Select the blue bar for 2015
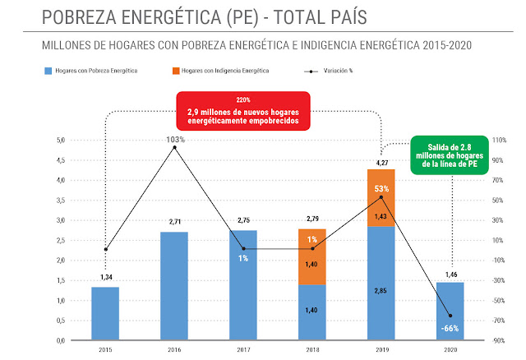[105, 313]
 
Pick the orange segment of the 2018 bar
[312, 256]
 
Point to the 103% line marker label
[175, 140]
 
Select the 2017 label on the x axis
[243, 349]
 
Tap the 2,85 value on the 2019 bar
[381, 315]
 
